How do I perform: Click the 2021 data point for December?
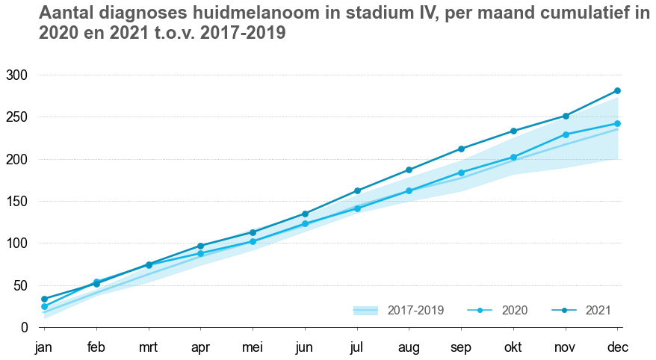[x=617, y=91]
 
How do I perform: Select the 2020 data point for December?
[x=617, y=124]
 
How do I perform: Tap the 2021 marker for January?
[x=44, y=299]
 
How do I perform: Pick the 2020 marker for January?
[x=44, y=306]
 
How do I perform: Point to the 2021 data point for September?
[x=461, y=149]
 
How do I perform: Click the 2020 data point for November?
[x=566, y=134]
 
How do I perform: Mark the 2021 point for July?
[x=357, y=190]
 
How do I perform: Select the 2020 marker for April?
[x=201, y=253]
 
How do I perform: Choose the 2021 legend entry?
[x=583, y=310]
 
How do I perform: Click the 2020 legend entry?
[x=498, y=310]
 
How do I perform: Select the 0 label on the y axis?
[x=24, y=328]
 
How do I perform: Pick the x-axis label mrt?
[x=149, y=347]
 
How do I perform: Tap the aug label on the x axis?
[x=409, y=347]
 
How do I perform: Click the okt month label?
[x=513, y=347]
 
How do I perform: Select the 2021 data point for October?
[x=513, y=131]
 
